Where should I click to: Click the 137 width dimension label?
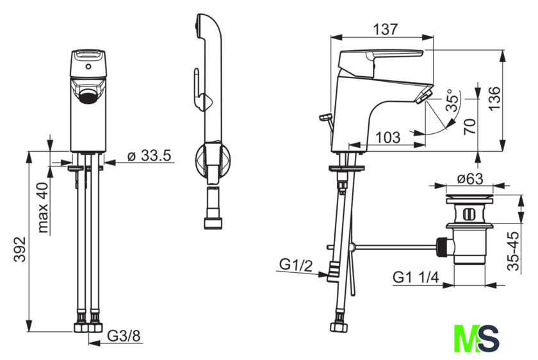[x=386, y=29]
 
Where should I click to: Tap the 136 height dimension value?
[x=494, y=99]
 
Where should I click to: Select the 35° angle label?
[x=452, y=100]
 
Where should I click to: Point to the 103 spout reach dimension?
[x=387, y=138]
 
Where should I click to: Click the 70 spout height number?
[x=470, y=126]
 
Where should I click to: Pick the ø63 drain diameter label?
[x=469, y=179]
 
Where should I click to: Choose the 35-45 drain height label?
[x=513, y=251]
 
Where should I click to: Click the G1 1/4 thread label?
[x=416, y=277]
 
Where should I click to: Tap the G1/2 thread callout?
[x=296, y=265]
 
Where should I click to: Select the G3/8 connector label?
[x=124, y=336]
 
